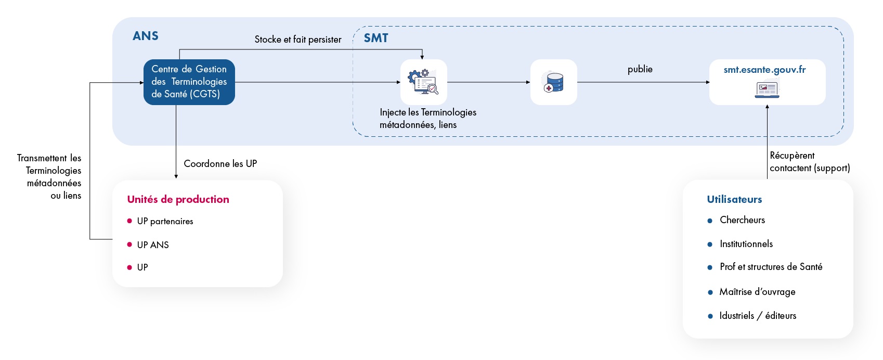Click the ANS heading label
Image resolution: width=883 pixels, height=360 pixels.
tap(145, 36)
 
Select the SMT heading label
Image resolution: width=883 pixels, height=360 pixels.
tap(375, 38)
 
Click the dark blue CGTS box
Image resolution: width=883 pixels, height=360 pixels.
tap(189, 82)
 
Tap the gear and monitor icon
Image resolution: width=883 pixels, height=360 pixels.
tap(423, 82)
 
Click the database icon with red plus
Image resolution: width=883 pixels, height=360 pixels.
tap(553, 82)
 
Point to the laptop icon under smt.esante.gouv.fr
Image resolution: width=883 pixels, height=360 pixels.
tap(767, 89)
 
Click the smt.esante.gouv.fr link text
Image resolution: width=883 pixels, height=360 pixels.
tap(764, 70)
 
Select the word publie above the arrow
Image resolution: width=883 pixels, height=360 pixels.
tap(640, 69)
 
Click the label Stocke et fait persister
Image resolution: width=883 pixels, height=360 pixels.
tap(297, 40)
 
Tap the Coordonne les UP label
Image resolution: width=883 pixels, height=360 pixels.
tap(220, 163)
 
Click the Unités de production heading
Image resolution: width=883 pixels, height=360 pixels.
tap(178, 199)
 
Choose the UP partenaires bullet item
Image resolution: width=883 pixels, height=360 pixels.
tap(165, 221)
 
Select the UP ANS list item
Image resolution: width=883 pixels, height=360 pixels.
tap(153, 245)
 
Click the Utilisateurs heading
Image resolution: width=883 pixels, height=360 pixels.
tap(734, 199)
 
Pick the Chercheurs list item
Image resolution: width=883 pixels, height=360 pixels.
tap(742, 220)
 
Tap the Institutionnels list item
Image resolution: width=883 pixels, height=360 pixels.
tap(746, 244)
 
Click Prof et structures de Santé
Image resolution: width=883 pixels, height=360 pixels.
tap(771, 267)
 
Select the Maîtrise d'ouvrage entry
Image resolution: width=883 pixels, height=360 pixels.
tap(757, 292)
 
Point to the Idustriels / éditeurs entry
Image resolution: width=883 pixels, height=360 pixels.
tap(757, 316)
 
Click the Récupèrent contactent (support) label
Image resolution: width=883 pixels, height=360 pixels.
tap(809, 162)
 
